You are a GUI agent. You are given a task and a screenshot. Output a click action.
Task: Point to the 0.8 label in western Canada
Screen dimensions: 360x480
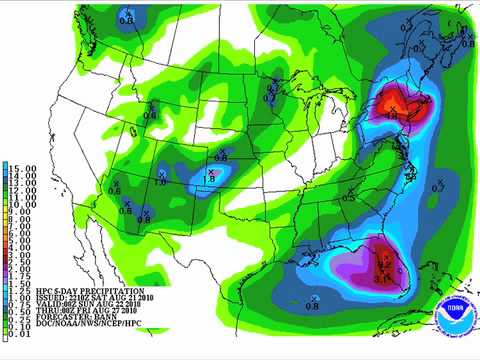tap(125, 17)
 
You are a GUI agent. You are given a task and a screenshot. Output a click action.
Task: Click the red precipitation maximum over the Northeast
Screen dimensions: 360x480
tap(392, 105)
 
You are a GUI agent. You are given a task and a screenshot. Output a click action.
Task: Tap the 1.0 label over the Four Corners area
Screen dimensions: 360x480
tap(160, 181)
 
